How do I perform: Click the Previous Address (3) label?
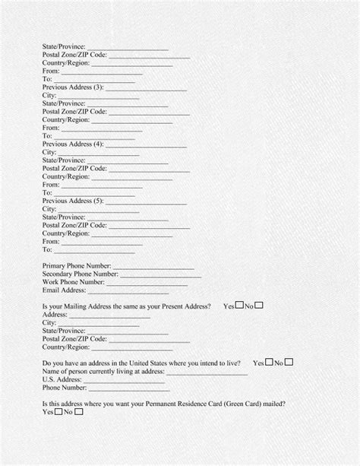(73, 87)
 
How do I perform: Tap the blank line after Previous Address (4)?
(146, 144)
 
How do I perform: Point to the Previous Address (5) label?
(73, 201)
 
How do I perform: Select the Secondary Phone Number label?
(81, 274)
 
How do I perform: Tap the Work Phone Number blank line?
(145, 283)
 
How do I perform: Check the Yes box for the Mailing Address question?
(238, 306)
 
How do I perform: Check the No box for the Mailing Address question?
(260, 306)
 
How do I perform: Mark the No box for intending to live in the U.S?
(289, 363)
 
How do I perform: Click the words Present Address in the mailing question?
(185, 306)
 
